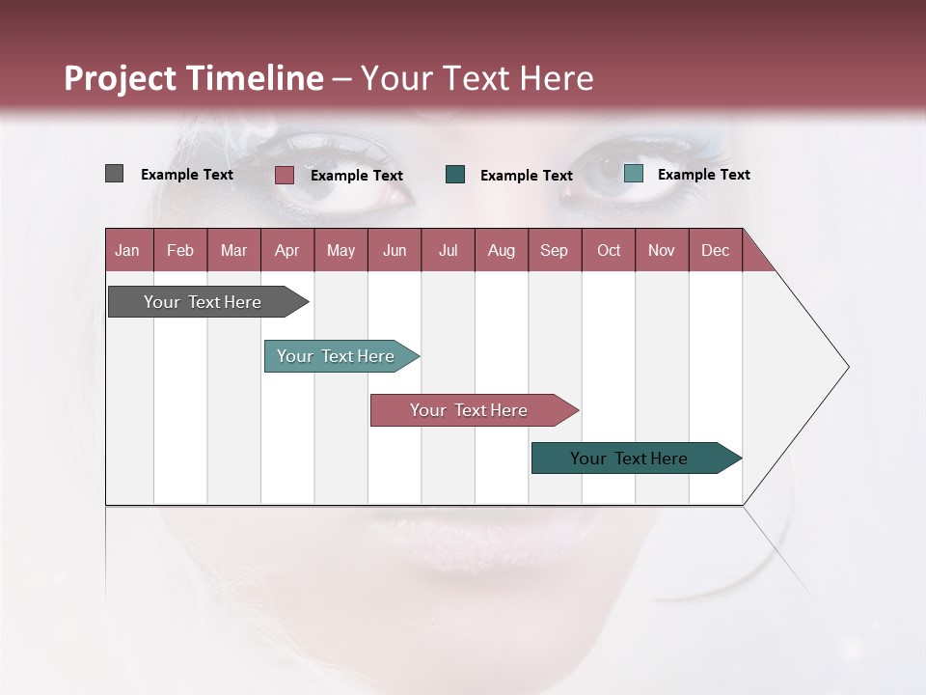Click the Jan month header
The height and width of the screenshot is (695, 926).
pyautogui.click(x=127, y=250)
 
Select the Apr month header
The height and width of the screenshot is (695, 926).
pyautogui.click(x=286, y=250)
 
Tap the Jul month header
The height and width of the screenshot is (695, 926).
pyautogui.click(x=448, y=250)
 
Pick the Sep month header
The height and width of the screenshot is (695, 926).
pyautogui.click(x=554, y=250)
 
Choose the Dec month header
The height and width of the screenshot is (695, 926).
pyautogui.click(x=715, y=250)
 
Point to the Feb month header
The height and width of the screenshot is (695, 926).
pyautogui.click(x=180, y=250)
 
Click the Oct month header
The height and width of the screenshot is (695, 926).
pyautogui.click(x=608, y=250)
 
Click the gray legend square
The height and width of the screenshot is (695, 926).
pyautogui.click(x=114, y=174)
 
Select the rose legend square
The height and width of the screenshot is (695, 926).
pyautogui.click(x=284, y=175)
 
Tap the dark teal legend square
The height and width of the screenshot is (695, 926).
pyautogui.click(x=455, y=174)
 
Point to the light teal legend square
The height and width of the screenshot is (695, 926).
pyautogui.click(x=633, y=174)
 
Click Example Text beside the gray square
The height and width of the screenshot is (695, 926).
pyautogui.click(x=187, y=175)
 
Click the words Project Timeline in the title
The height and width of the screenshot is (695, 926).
pyautogui.click(x=193, y=78)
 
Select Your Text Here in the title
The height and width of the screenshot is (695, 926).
pyautogui.click(x=477, y=78)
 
